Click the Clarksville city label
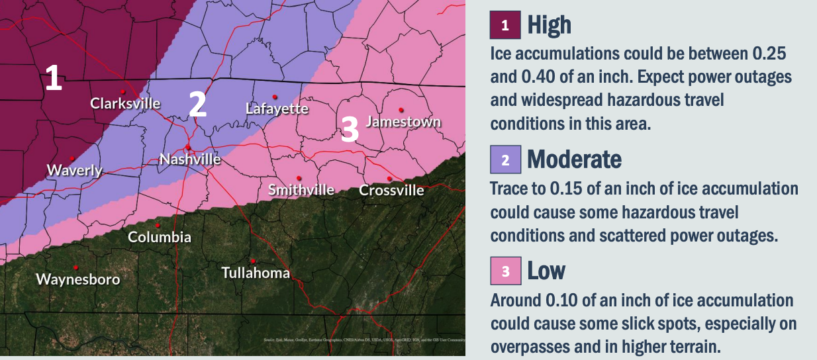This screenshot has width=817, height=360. [x=125, y=103]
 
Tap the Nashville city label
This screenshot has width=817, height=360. [x=190, y=159]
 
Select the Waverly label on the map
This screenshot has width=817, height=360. [x=75, y=170]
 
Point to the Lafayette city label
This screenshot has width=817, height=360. [x=277, y=108]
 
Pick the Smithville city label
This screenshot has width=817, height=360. [x=301, y=190]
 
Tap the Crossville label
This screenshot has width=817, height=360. [x=391, y=191]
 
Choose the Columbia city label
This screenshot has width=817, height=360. [x=160, y=237]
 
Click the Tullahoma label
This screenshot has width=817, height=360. [x=256, y=273]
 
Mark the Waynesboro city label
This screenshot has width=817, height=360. [x=78, y=279]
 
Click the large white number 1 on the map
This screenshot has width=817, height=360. [x=53, y=78]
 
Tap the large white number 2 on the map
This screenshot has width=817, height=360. [x=197, y=103]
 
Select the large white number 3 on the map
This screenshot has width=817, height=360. [x=350, y=129]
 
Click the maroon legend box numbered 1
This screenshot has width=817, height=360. [x=505, y=26]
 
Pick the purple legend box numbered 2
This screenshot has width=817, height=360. [x=505, y=159]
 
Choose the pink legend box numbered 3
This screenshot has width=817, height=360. [x=505, y=271]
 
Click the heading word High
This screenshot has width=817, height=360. [x=549, y=26]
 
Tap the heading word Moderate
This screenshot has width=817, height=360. [x=574, y=159]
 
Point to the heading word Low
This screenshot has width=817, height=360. [x=546, y=271]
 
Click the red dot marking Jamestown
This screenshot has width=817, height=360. [x=401, y=110]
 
